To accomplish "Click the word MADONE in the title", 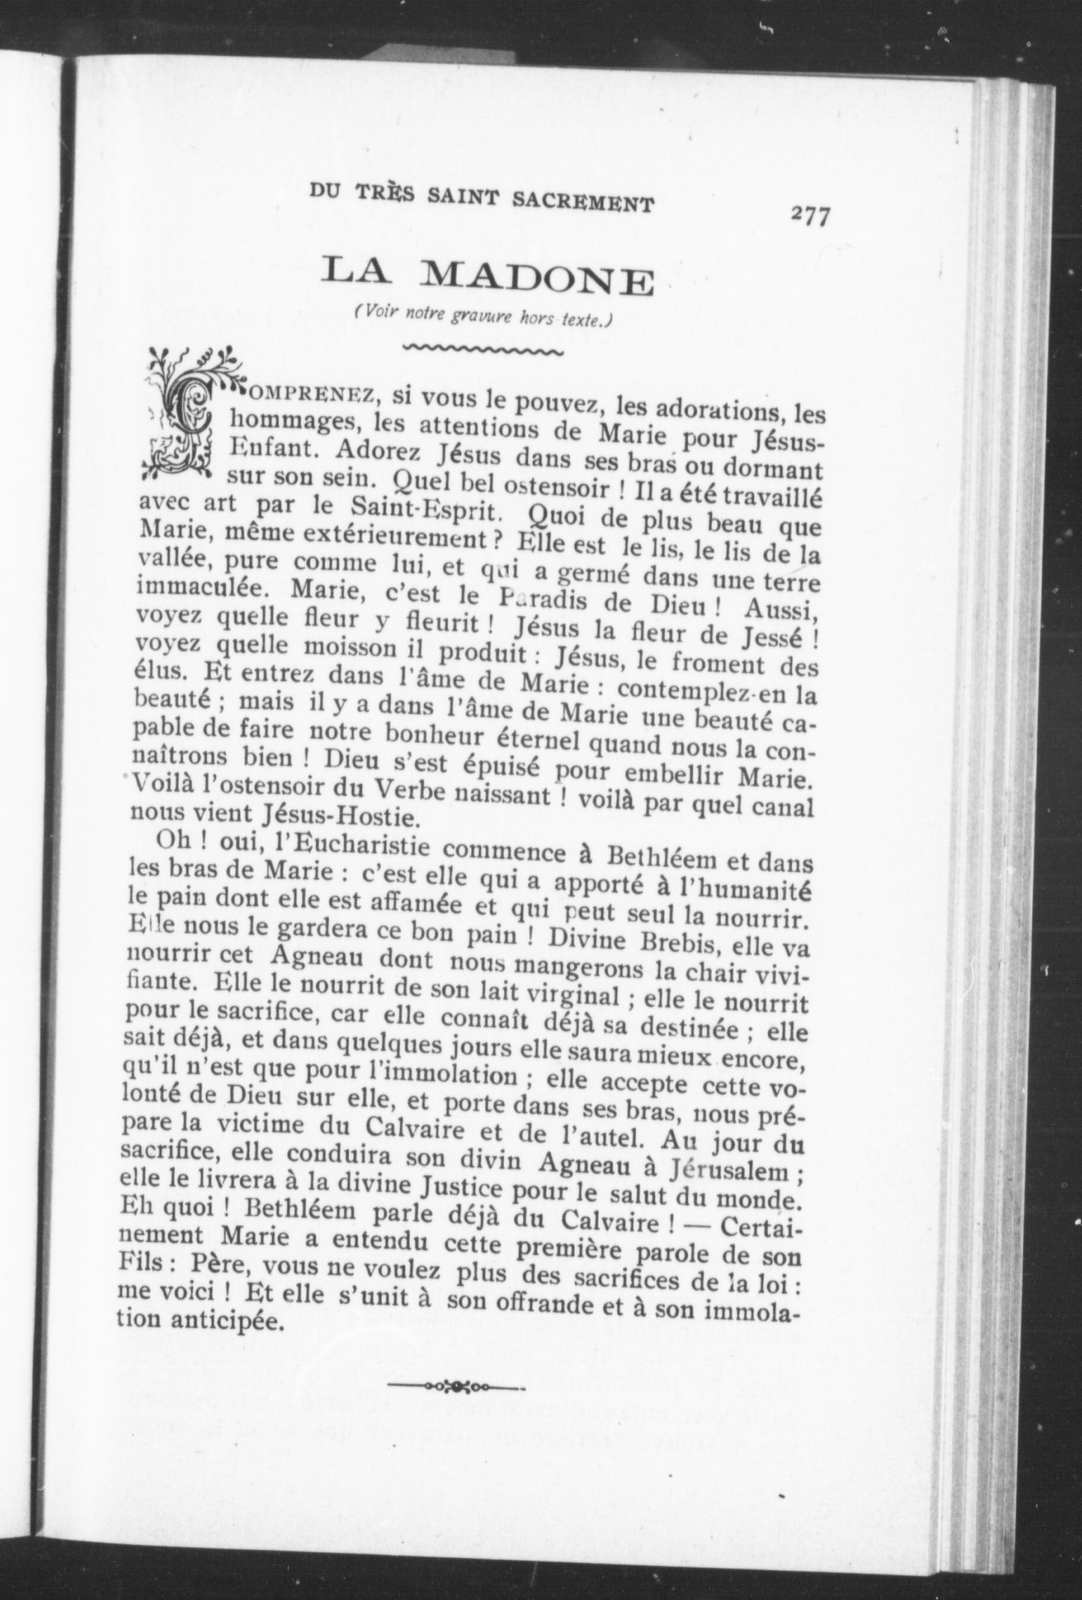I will [x=537, y=278].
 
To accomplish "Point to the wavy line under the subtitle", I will [x=482, y=350].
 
